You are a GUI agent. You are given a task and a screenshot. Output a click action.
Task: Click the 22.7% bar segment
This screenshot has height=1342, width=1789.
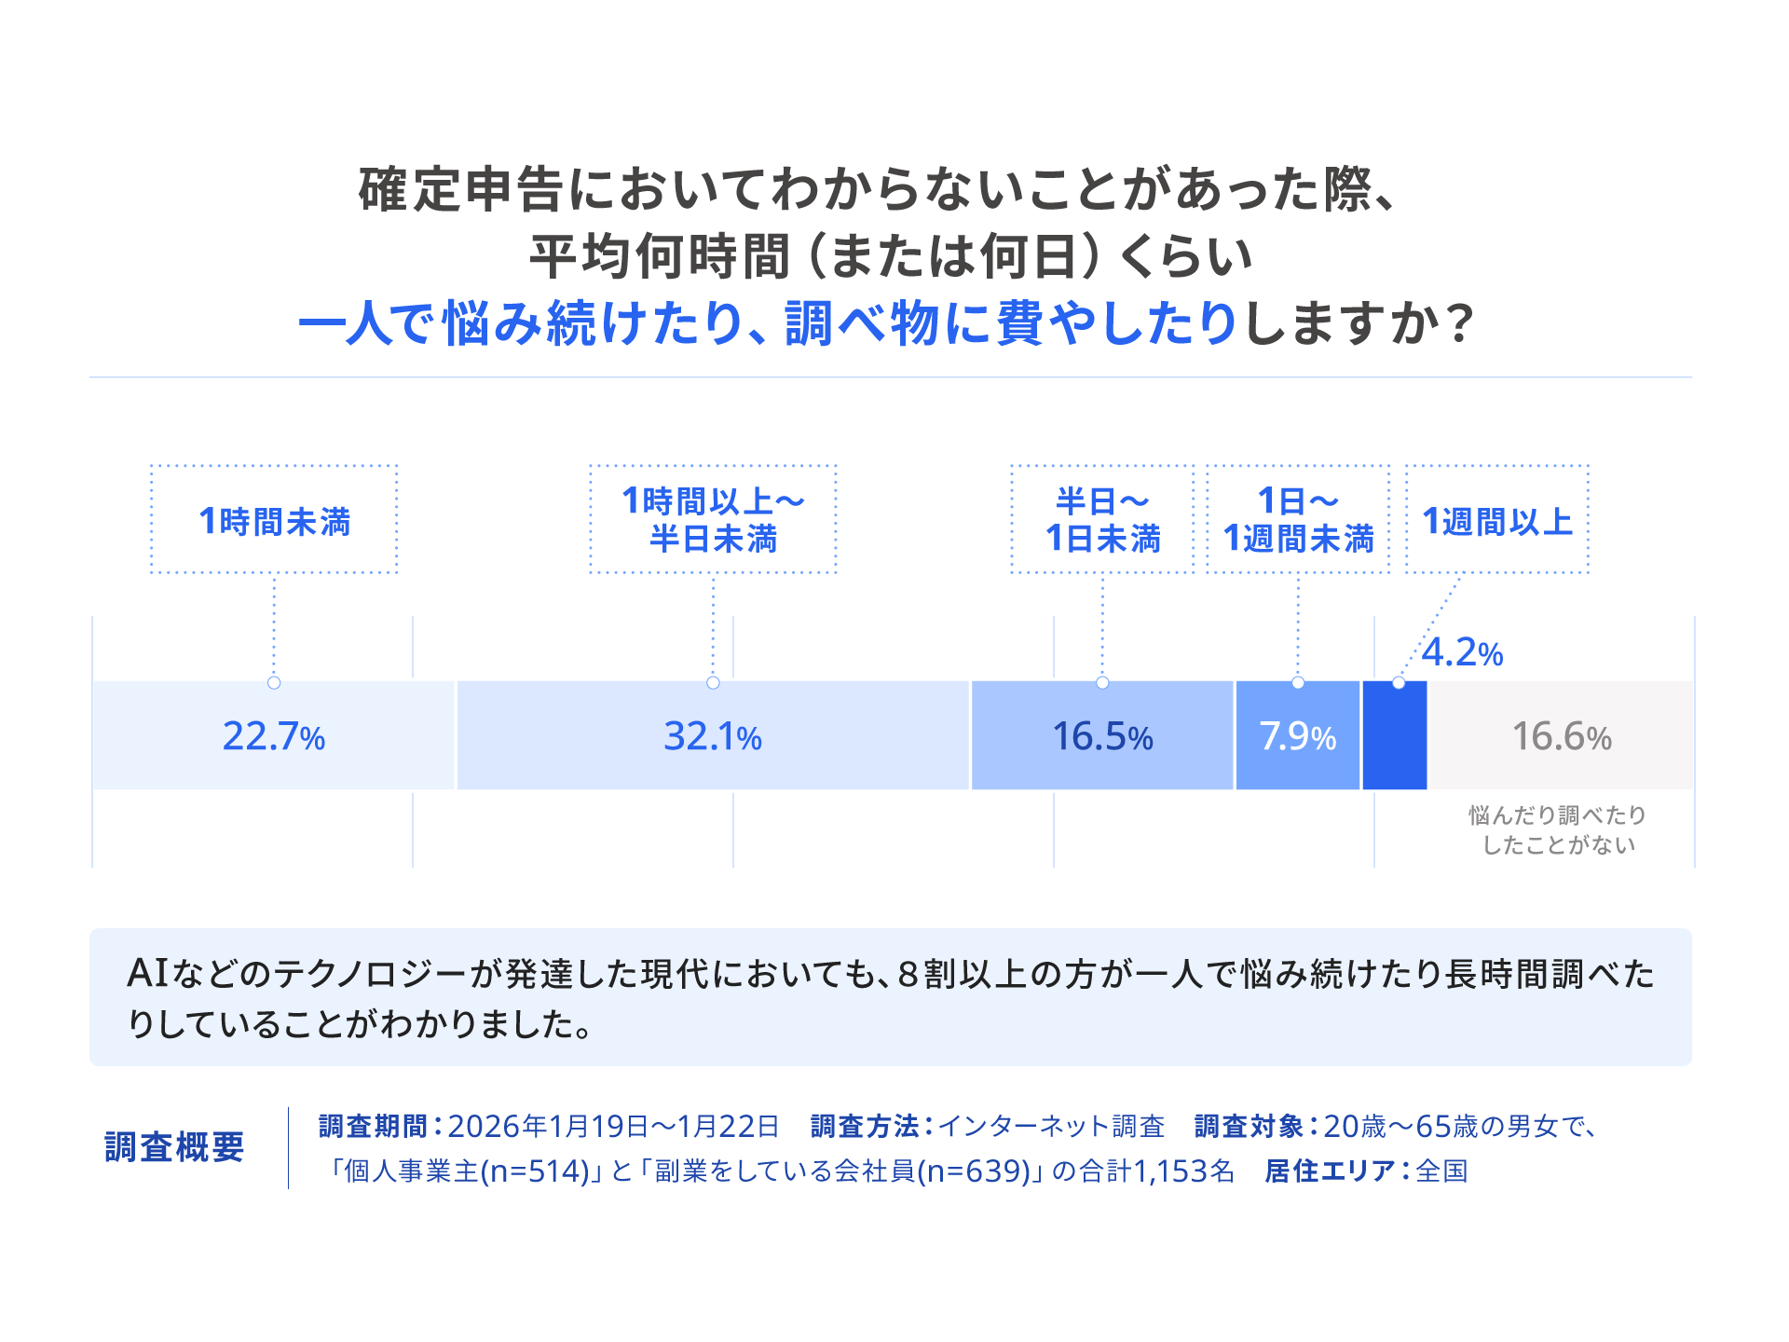tap(273, 736)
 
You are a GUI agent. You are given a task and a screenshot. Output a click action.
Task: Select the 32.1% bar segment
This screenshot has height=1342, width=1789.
tap(713, 736)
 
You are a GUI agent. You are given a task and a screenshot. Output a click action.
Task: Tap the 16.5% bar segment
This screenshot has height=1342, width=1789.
tap(1102, 736)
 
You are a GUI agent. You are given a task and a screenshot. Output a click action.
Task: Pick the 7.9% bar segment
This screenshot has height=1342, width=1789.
tap(1297, 736)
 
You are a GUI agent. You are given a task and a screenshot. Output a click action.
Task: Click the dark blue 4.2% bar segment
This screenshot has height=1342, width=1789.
tap(1394, 736)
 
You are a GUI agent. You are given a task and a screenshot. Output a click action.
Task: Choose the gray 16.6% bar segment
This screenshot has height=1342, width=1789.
tap(1562, 736)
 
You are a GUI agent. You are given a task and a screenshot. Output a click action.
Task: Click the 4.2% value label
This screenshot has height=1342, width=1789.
tap(1462, 653)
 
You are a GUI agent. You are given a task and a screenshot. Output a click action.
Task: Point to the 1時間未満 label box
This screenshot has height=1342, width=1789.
tap(274, 520)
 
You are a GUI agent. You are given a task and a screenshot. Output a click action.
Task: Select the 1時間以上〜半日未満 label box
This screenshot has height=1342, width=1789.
tap(713, 520)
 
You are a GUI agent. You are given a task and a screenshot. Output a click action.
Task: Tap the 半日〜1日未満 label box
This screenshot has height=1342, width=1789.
tap(1102, 520)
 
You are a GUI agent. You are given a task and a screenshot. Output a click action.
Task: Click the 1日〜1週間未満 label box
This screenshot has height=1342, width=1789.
tap(1298, 520)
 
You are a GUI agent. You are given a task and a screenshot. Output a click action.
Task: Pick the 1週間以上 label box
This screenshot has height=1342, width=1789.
tap(1496, 520)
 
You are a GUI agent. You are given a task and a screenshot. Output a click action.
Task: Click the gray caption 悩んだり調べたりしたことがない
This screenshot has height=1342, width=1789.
tap(1558, 829)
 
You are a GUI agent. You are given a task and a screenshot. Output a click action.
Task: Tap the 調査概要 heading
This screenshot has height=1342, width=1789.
tap(174, 1147)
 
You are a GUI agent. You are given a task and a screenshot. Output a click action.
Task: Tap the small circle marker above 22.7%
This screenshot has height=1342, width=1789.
tap(274, 682)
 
